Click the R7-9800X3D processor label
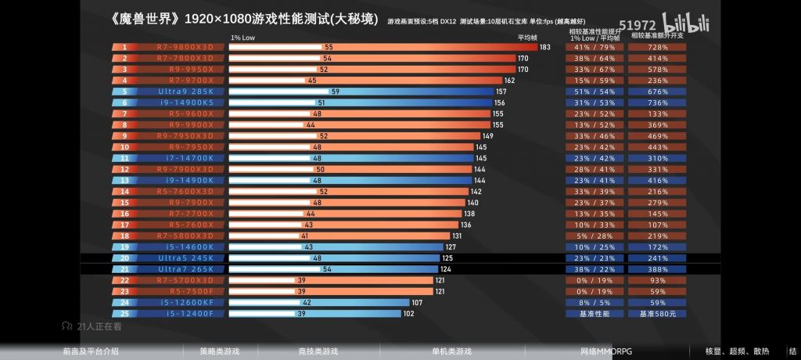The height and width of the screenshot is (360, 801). pos(185,47)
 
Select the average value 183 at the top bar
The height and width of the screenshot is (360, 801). pos(544,47)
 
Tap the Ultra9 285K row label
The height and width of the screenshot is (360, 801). pos(185,92)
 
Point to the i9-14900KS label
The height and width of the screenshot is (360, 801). pos(186,103)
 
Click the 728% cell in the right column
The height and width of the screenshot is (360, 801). pos(657,47)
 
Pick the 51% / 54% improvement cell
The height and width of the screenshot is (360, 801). pos(594,92)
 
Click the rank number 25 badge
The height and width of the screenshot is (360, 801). pos(124,313)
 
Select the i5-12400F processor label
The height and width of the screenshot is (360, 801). pos(186,313)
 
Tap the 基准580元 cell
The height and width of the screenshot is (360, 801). pos(657,313)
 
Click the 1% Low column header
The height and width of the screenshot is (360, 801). pos(242,37)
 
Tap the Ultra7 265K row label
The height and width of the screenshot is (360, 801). pos(185,269)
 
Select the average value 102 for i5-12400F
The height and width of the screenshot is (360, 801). pos(408,313)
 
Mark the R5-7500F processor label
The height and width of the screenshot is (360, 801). pos(185,291)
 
